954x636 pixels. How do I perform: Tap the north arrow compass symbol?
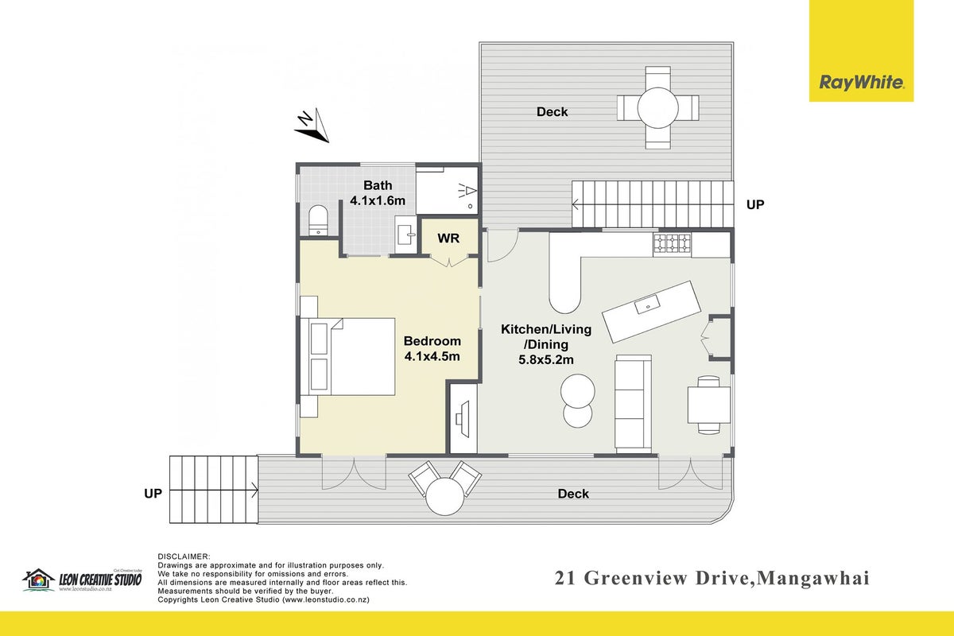click(x=312, y=126)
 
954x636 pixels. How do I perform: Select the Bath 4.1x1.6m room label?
click(x=378, y=193)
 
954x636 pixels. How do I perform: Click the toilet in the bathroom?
click(x=318, y=220)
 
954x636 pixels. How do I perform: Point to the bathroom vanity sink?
click(x=406, y=235)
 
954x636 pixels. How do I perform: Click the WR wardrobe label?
click(x=448, y=238)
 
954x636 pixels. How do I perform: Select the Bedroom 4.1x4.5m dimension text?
click(x=432, y=348)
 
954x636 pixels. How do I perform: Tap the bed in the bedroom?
click(x=347, y=356)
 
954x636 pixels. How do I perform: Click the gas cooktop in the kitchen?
click(x=672, y=243)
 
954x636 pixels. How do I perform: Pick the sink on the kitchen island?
click(x=647, y=304)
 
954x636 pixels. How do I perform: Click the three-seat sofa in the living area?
click(x=633, y=403)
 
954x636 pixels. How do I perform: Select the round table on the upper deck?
click(x=657, y=107)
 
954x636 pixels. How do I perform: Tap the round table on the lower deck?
click(x=444, y=496)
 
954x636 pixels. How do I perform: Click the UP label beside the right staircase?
click(x=755, y=205)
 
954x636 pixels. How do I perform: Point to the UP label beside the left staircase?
click(x=153, y=493)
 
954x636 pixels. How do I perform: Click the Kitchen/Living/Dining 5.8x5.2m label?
click(x=546, y=344)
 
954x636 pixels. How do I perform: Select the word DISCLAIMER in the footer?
click(x=184, y=556)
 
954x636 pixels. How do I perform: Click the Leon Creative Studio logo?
click(x=82, y=580)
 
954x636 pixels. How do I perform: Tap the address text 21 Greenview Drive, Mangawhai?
click(x=712, y=579)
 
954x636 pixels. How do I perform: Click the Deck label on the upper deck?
click(x=552, y=112)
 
